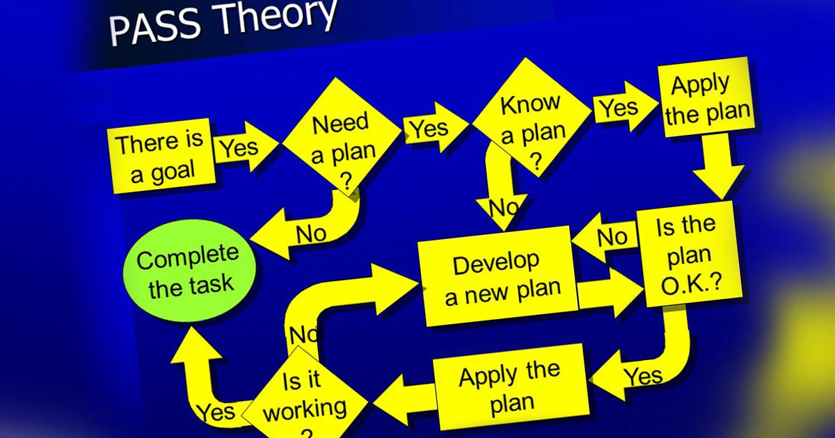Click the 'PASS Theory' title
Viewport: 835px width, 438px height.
point(223,22)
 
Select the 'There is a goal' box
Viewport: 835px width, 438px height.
point(161,156)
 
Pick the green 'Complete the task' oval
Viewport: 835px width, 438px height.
point(189,270)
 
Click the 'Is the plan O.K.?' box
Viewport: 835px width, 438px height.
point(688,254)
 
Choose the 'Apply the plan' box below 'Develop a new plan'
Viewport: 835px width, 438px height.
point(511,387)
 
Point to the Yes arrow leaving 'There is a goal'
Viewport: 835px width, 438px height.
point(246,147)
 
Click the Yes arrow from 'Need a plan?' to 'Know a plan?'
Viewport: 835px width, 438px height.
point(435,127)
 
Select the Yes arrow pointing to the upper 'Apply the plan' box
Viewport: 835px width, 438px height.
point(625,106)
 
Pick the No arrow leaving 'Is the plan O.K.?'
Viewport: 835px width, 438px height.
point(605,237)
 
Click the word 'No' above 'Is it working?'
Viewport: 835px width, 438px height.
point(304,335)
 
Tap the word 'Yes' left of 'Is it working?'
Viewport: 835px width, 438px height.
point(216,412)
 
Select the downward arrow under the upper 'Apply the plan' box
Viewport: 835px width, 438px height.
point(717,166)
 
